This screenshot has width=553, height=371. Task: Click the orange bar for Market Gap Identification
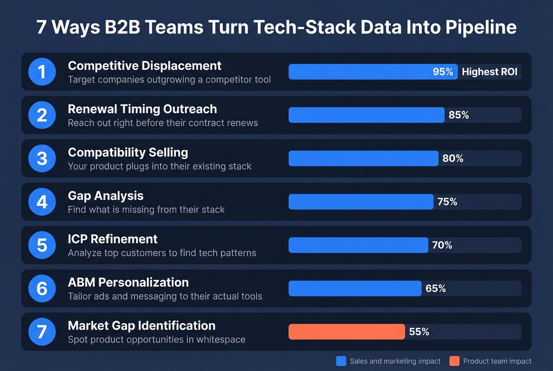pos(346,331)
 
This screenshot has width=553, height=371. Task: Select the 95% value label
pos(442,72)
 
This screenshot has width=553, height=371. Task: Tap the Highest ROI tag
pos(489,72)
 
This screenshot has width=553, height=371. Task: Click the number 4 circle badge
pos(42,202)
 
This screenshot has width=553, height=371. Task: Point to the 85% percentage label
pos(459,115)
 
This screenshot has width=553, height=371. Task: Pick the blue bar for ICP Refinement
pos(358,245)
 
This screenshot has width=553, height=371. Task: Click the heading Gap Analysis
pos(105,196)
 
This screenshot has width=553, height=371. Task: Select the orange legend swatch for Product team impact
pos(454,361)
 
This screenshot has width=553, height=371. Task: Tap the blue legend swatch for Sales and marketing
pos(341,361)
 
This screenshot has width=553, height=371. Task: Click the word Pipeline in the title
pos(481,27)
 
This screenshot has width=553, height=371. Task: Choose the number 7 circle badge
pos(42,331)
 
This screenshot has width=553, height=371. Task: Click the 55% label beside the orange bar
pos(419,331)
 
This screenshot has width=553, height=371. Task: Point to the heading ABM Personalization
pos(128,282)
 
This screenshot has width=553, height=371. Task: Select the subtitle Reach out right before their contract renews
pos(163,123)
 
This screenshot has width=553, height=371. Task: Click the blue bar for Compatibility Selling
pos(363,158)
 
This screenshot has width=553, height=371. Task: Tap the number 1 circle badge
pos(42,72)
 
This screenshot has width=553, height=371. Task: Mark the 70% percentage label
pos(442,245)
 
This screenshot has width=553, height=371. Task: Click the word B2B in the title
pos(122,27)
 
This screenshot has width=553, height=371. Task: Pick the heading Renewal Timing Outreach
pos(142,109)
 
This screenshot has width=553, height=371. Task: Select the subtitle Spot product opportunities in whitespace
pos(156,339)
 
